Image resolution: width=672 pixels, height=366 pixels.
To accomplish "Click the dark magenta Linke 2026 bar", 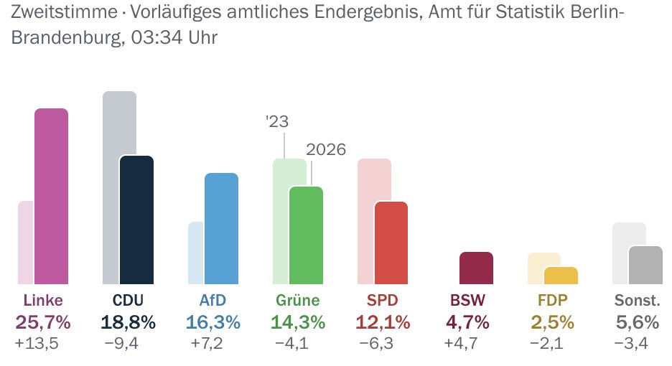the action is coord(52,197).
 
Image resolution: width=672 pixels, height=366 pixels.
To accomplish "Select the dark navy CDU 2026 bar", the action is coord(136,220).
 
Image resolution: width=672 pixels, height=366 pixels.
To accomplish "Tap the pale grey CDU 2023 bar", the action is coord(111,187).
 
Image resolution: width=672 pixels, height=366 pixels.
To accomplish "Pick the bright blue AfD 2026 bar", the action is coord(222,228).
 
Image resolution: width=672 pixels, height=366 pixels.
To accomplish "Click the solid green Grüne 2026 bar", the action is coord(307,235).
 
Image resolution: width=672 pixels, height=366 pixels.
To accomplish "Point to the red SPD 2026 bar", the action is coord(391,243).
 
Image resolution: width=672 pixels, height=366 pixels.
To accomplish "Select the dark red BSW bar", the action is coord(477,268).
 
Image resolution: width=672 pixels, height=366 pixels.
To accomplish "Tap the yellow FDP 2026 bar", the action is coord(561,276).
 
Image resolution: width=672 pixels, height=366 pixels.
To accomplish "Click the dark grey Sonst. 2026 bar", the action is coord(646,265).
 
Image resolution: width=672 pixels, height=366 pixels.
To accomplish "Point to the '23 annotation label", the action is coord(277,122).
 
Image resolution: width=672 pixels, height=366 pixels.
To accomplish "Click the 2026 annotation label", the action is coord(326,149).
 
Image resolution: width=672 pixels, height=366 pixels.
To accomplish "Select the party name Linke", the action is coord(43,301).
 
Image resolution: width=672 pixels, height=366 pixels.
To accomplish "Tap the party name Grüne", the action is coord(298,301).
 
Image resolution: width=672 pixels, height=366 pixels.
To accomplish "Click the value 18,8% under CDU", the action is coord(128,322).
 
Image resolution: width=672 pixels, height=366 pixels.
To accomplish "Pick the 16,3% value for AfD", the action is coord(213,322).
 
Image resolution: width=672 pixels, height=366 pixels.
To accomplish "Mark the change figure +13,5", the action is coord(37,343).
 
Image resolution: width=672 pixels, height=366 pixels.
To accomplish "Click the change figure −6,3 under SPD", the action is coord(376,343).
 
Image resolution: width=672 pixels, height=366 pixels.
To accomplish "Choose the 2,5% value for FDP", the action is coord(552,322).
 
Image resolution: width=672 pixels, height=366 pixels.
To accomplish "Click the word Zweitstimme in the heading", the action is coord(65,12).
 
